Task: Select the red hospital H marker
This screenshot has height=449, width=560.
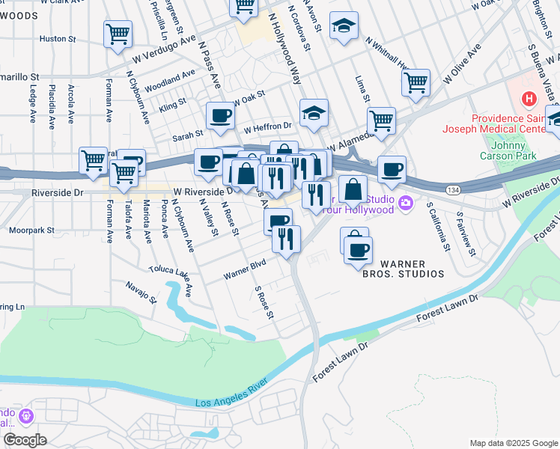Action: click(529, 98)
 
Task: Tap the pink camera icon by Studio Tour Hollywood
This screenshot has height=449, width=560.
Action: click(406, 203)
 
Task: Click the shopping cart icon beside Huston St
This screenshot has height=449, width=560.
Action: click(118, 34)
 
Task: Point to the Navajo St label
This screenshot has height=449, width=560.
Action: click(141, 293)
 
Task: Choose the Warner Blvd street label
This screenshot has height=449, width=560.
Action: click(245, 270)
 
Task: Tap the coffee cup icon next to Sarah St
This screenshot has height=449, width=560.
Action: click(220, 115)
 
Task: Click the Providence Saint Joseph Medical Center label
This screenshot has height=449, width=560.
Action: click(515, 126)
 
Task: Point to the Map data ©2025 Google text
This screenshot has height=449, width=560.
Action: click(513, 442)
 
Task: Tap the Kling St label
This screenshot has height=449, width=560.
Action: click(171, 106)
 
